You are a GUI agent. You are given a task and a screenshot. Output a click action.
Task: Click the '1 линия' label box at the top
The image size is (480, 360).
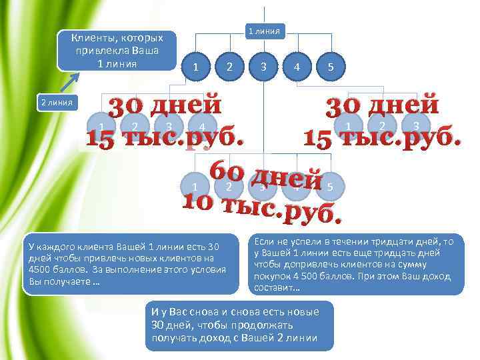[x=265, y=31]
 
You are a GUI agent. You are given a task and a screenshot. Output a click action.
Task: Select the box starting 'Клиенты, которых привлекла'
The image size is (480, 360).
[x=117, y=51]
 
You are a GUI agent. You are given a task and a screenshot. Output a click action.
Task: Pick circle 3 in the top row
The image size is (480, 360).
[x=264, y=67]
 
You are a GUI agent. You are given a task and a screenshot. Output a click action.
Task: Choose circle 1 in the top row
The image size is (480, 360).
[x=195, y=67]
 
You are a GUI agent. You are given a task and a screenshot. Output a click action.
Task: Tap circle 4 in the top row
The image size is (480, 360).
[x=297, y=67]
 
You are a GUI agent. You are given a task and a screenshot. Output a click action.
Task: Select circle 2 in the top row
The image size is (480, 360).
[x=229, y=67]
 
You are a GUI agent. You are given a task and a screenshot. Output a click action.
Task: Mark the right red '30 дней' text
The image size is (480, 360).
[x=381, y=106]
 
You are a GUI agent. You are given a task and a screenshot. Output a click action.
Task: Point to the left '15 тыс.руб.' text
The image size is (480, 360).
[x=164, y=137]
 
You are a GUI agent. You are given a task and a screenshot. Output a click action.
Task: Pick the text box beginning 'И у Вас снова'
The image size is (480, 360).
[x=239, y=325]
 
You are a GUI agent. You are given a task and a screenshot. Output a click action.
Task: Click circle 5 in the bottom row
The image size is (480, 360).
[x=330, y=187]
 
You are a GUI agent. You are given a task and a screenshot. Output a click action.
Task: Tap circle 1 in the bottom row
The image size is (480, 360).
[x=194, y=187]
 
